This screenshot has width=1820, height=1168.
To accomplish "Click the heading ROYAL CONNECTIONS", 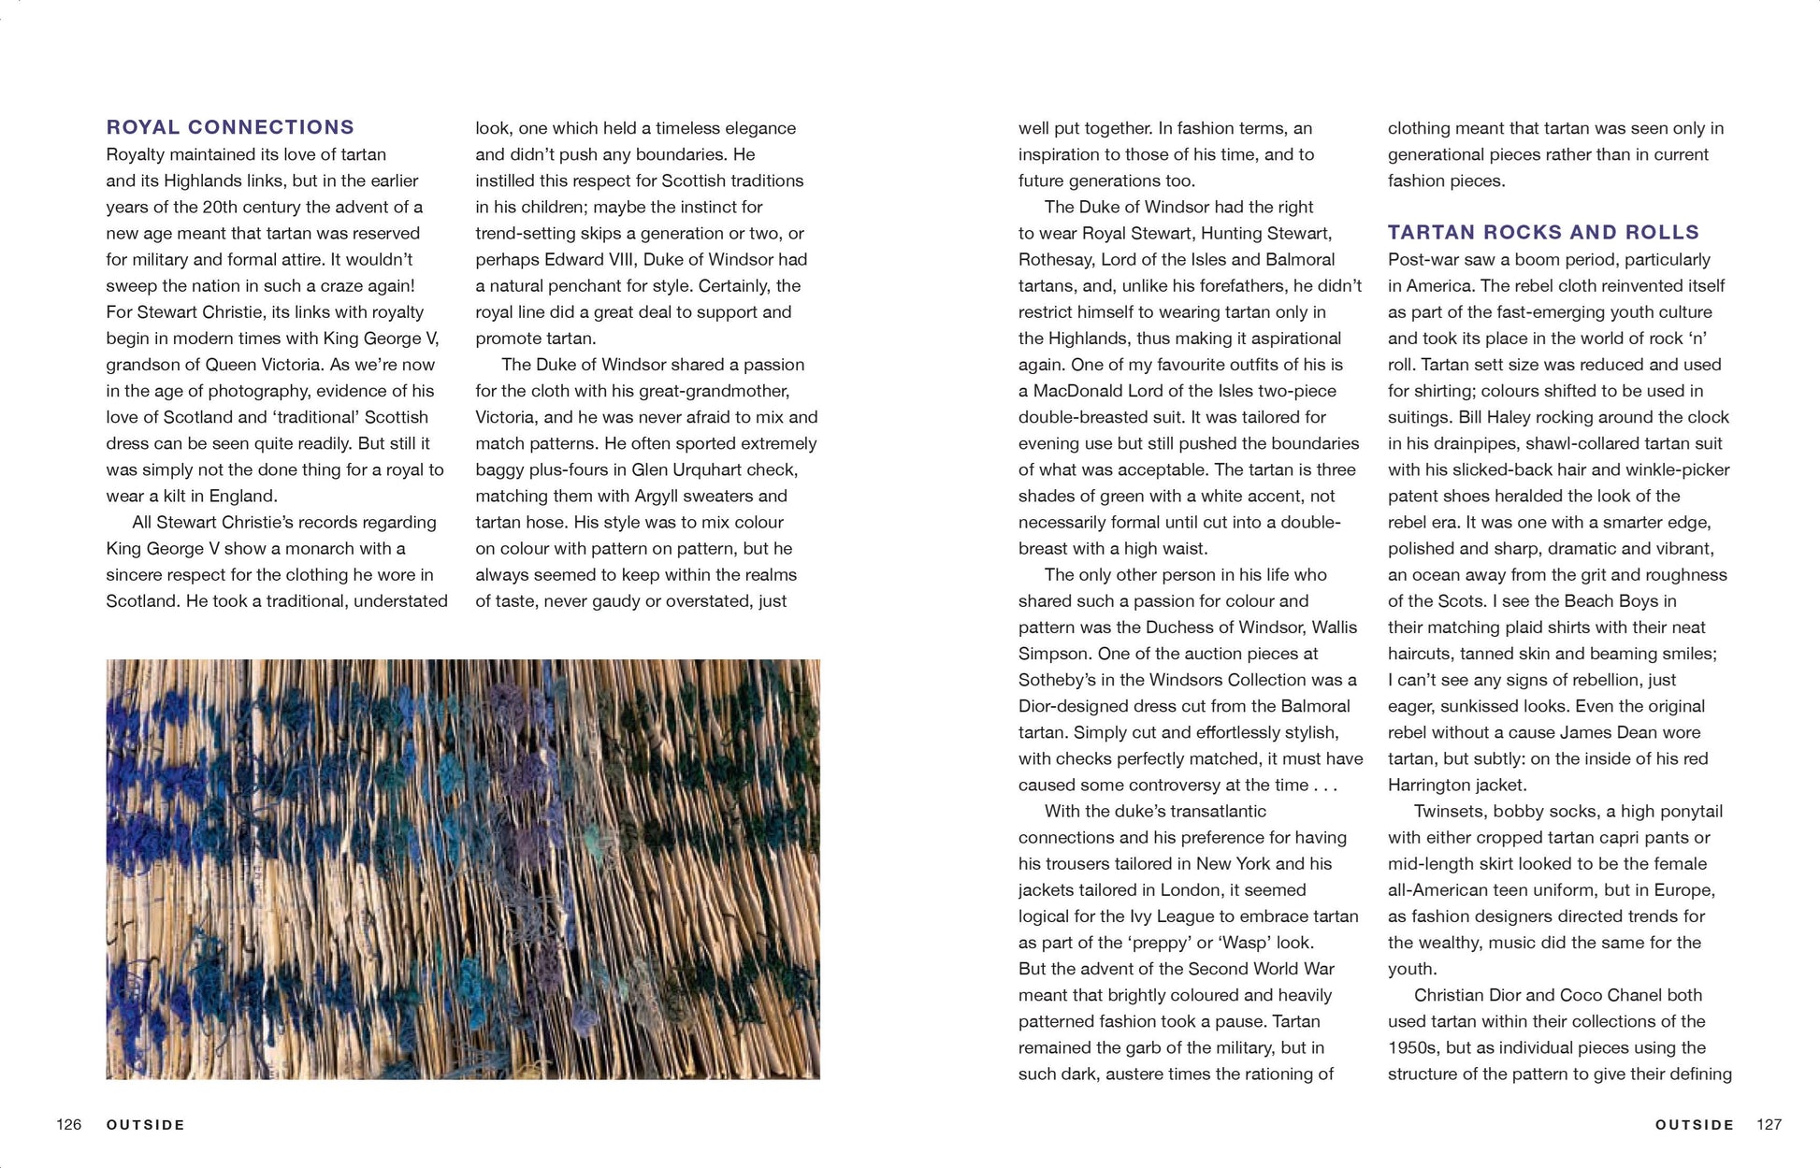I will click(230, 127).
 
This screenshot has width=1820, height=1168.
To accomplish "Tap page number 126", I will click(69, 1124).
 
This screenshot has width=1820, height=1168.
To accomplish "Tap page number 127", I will click(1769, 1124).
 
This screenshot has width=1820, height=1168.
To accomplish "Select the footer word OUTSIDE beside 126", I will click(146, 1125).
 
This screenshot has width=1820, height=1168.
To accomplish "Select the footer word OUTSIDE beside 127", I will click(1694, 1125).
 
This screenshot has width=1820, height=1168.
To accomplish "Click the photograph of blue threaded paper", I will click(463, 869).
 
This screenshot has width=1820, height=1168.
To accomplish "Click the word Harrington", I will click(1428, 785).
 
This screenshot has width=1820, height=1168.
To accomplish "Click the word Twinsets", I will click(1449, 811).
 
